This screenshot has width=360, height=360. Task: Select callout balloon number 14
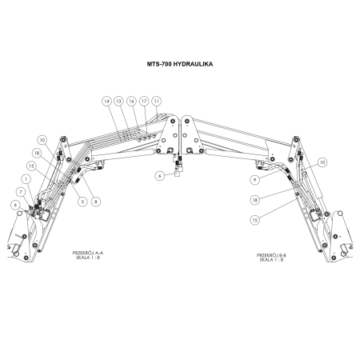pos(107,102)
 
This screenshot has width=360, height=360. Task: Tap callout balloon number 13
pos(119,102)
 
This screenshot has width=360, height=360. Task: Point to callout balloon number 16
pos(131,102)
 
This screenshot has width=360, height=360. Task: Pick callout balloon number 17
pos(144,102)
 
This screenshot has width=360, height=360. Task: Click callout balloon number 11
pos(157,102)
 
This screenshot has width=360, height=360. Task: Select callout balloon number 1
pos(26,179)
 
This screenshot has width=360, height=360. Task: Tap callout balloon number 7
pos(21,192)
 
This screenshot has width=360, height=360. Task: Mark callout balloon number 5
pos(82,202)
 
